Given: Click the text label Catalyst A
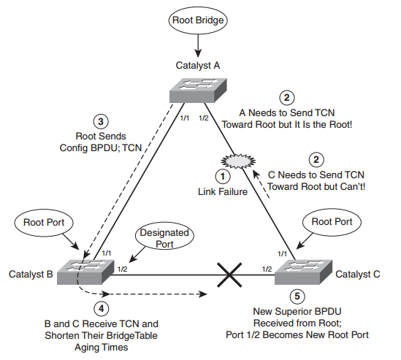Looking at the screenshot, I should tap(198, 66).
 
